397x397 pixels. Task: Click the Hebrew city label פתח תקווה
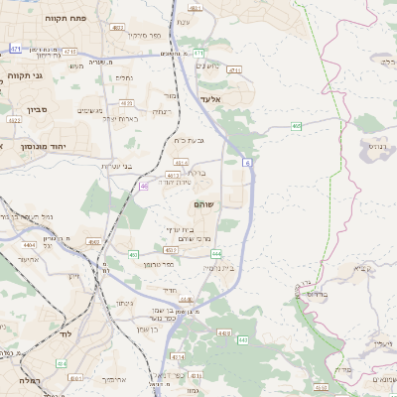tap(66, 18)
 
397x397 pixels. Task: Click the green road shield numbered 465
tap(297, 126)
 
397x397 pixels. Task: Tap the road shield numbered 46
tap(145, 186)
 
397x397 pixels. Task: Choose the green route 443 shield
tap(241, 339)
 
